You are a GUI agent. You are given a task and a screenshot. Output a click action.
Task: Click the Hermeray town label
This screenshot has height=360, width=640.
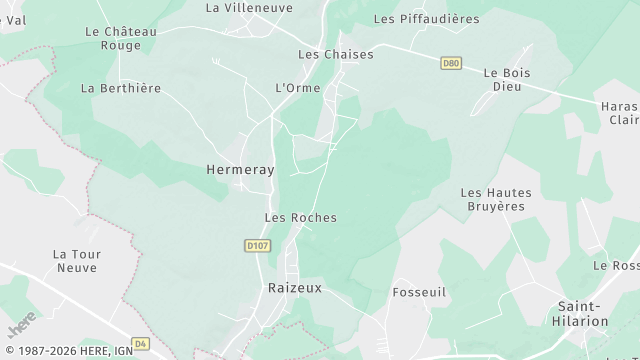coord(239,171)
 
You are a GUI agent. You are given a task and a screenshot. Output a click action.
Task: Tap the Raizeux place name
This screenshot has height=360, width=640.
coord(292,287)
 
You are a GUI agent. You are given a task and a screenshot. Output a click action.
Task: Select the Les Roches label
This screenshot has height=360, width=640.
coord(300,217)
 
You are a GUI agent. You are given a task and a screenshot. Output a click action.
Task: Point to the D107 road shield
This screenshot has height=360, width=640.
coord(257,244)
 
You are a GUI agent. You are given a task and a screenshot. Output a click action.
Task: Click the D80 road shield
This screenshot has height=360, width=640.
coord(451,63)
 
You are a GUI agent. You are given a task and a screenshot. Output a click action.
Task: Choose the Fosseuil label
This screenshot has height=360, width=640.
coord(419,291)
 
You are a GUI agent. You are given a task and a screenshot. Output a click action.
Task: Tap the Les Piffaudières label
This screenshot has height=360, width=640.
coord(440,19)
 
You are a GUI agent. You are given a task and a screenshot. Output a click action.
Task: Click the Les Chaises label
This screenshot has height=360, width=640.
coord(336,54)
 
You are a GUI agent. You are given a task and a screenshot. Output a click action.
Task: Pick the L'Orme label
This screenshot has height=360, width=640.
coord(297,88)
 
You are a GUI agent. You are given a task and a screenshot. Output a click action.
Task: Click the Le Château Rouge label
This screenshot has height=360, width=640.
coord(121,38)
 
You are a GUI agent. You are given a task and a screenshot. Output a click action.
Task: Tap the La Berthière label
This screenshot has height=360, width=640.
coord(120,88)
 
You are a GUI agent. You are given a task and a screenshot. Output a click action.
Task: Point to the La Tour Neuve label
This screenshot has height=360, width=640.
coord(76,261)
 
